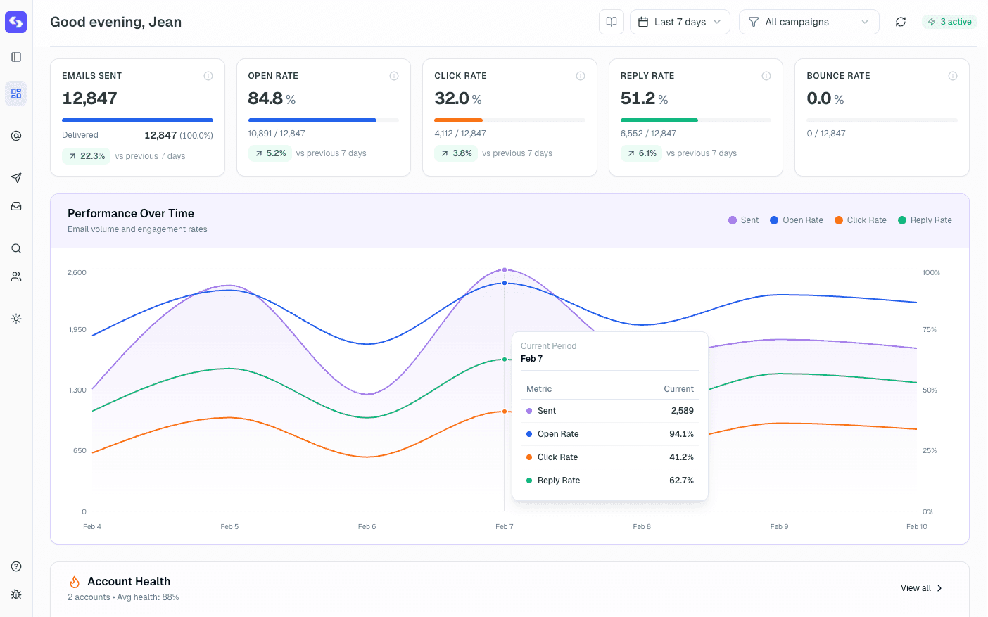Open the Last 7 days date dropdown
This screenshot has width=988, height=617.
679,22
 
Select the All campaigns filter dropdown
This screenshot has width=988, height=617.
809,22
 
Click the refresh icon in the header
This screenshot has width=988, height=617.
900,22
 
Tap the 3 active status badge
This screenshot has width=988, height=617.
949,22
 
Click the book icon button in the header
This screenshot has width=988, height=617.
612,22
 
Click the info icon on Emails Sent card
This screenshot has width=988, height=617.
208,76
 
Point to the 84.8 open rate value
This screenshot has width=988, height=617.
265,98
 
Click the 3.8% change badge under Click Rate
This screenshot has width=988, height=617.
455,153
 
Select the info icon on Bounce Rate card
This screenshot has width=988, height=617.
952,76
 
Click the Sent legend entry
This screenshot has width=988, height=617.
744,220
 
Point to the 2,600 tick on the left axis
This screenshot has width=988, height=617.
77,273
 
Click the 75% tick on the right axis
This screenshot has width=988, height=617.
930,330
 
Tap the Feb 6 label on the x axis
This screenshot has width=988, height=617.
367,527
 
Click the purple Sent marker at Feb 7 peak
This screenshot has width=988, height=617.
505,269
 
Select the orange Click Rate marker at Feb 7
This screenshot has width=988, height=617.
505,412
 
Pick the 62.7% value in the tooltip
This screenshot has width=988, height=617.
681,481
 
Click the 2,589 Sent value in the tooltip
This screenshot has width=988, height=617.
682,411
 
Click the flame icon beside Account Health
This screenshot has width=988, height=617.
75,582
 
